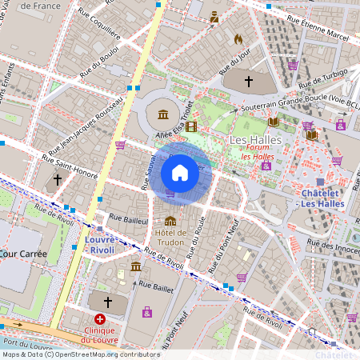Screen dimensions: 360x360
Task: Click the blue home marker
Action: (180, 172)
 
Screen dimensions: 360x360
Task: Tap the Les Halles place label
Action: (250, 140)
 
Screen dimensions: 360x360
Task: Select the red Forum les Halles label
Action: (257, 151)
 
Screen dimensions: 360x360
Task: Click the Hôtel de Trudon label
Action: (170, 238)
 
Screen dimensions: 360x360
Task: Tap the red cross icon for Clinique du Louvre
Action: (100, 318)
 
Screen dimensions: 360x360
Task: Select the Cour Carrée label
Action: (23, 254)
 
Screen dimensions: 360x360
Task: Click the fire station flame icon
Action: (238, 38)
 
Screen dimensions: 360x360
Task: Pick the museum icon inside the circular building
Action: (163, 114)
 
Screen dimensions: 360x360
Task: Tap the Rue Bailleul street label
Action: (129, 218)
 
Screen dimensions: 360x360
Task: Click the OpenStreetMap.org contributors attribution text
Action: (104, 354)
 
